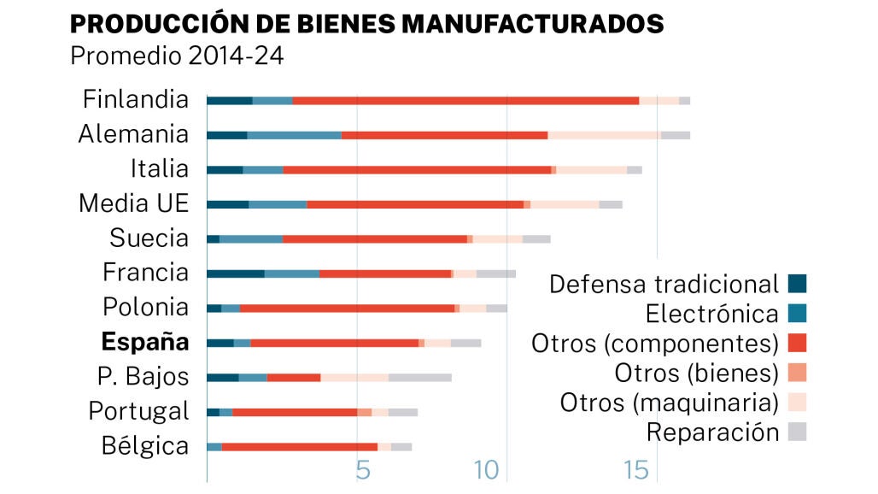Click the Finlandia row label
(136, 100)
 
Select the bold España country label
(145, 343)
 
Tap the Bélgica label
(144, 446)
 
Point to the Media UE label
(133, 203)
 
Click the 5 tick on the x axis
(363, 471)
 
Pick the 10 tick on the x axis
(487, 471)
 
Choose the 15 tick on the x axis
(636, 471)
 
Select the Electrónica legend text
(712, 314)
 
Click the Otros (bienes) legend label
(697, 373)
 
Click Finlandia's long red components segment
(465, 101)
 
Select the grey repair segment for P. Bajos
(419, 377)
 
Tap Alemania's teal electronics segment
(294, 135)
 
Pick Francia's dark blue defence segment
(235, 273)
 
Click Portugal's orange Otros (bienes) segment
(365, 412)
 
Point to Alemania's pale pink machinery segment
(604, 135)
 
